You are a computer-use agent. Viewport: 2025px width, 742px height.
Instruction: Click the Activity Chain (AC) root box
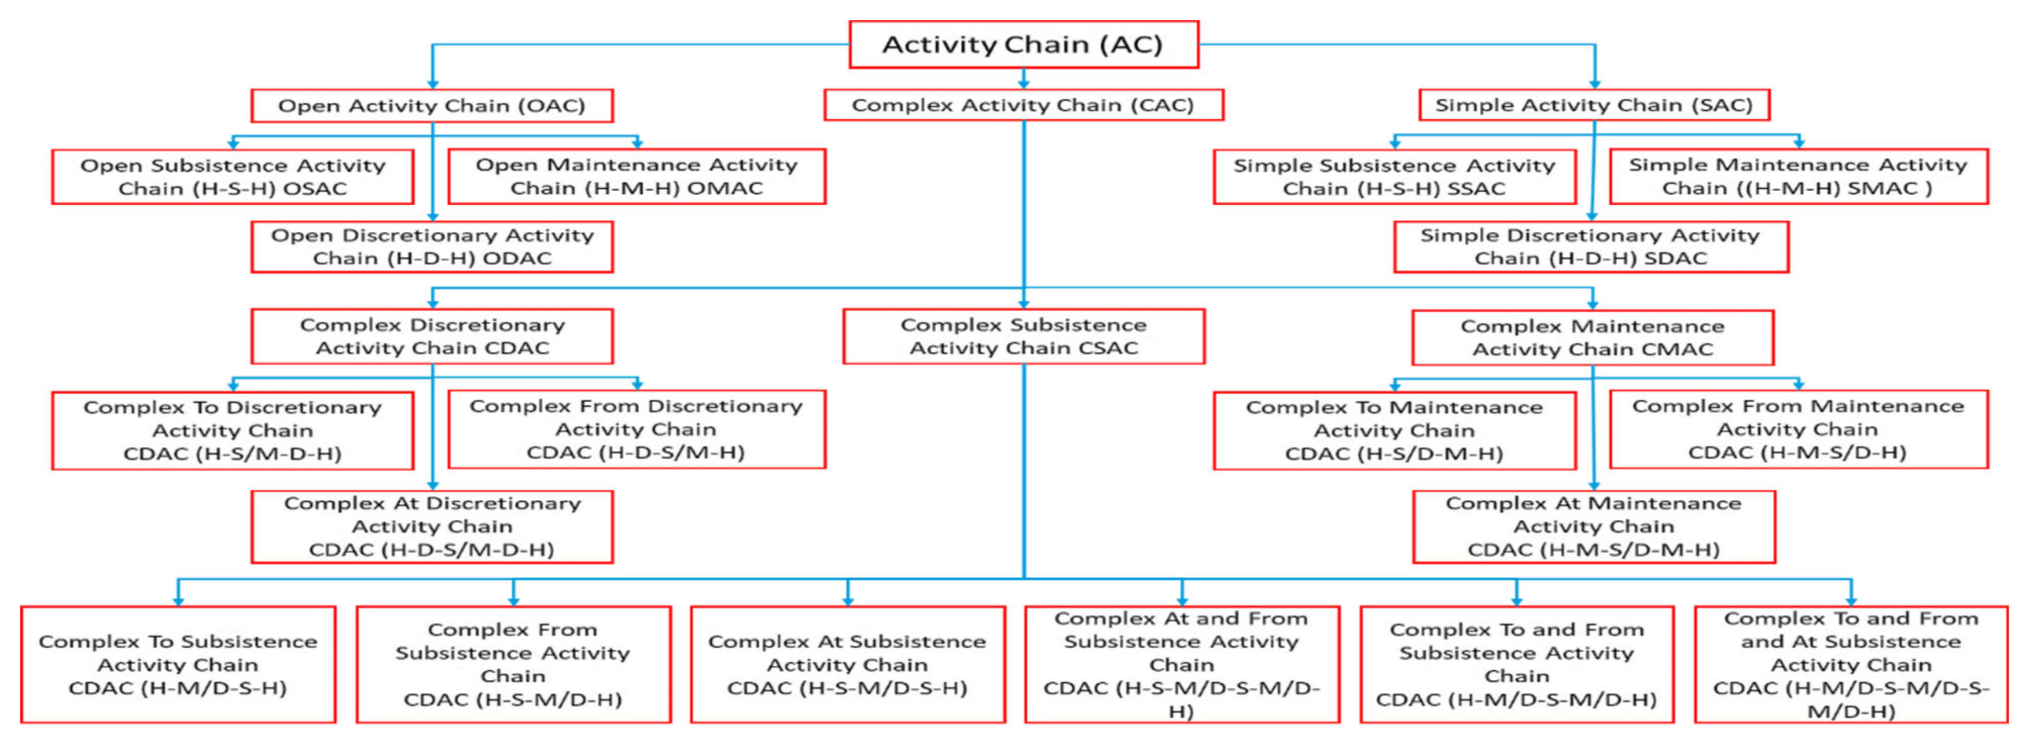click(x=1024, y=44)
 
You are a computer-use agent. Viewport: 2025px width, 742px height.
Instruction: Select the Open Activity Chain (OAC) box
click(x=431, y=105)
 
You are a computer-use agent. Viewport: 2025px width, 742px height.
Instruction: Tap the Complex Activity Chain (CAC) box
click(x=1024, y=105)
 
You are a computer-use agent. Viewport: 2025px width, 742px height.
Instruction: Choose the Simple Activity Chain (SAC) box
click(x=1594, y=105)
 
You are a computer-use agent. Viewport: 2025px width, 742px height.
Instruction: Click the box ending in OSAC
click(x=233, y=177)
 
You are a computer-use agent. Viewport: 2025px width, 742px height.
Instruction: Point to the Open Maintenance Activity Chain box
click(x=636, y=176)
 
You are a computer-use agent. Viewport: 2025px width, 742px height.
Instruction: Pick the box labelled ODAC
click(x=431, y=247)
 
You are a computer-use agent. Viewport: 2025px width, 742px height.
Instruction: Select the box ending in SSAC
click(x=1394, y=177)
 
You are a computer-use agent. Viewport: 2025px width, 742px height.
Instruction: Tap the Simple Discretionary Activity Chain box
click(x=1590, y=247)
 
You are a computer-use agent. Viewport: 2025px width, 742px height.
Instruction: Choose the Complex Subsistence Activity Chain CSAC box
click(x=1024, y=337)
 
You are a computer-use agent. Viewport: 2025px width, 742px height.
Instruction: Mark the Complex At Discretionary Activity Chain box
click(x=431, y=527)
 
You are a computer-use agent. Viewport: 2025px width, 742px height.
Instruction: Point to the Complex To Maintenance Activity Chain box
click(x=1394, y=431)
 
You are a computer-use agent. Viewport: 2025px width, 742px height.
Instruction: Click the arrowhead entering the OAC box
click(x=432, y=83)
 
